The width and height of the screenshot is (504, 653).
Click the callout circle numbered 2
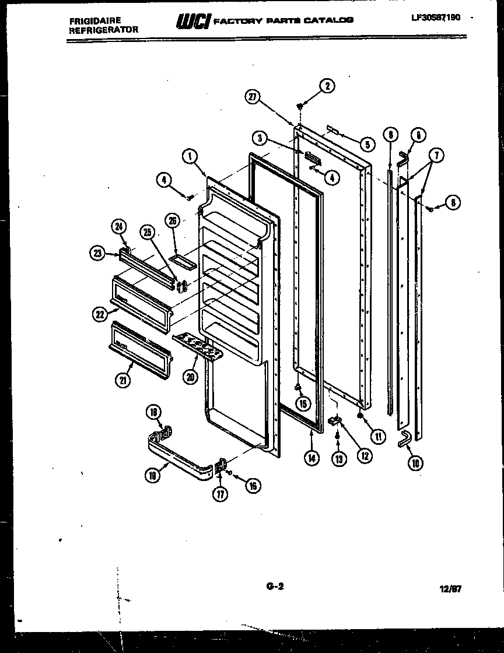pos(327,86)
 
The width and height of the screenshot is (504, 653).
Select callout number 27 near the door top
pos(252,98)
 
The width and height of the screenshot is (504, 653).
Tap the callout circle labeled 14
pos(311,458)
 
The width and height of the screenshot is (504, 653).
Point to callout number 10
pos(416,463)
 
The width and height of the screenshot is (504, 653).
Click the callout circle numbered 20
pos(190,377)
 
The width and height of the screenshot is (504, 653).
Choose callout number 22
pos(99,314)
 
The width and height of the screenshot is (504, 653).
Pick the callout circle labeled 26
pos(172,220)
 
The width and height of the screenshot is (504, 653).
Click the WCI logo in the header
pos(191,22)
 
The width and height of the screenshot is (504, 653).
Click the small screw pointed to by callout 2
pos(300,106)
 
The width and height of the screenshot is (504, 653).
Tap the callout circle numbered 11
pos(379,436)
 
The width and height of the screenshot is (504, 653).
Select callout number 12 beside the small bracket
pos(365,455)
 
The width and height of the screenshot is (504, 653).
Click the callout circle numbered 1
pos(190,156)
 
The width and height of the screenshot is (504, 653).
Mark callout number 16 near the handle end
pos(253,485)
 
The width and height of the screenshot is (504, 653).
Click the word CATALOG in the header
pos(332,20)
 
